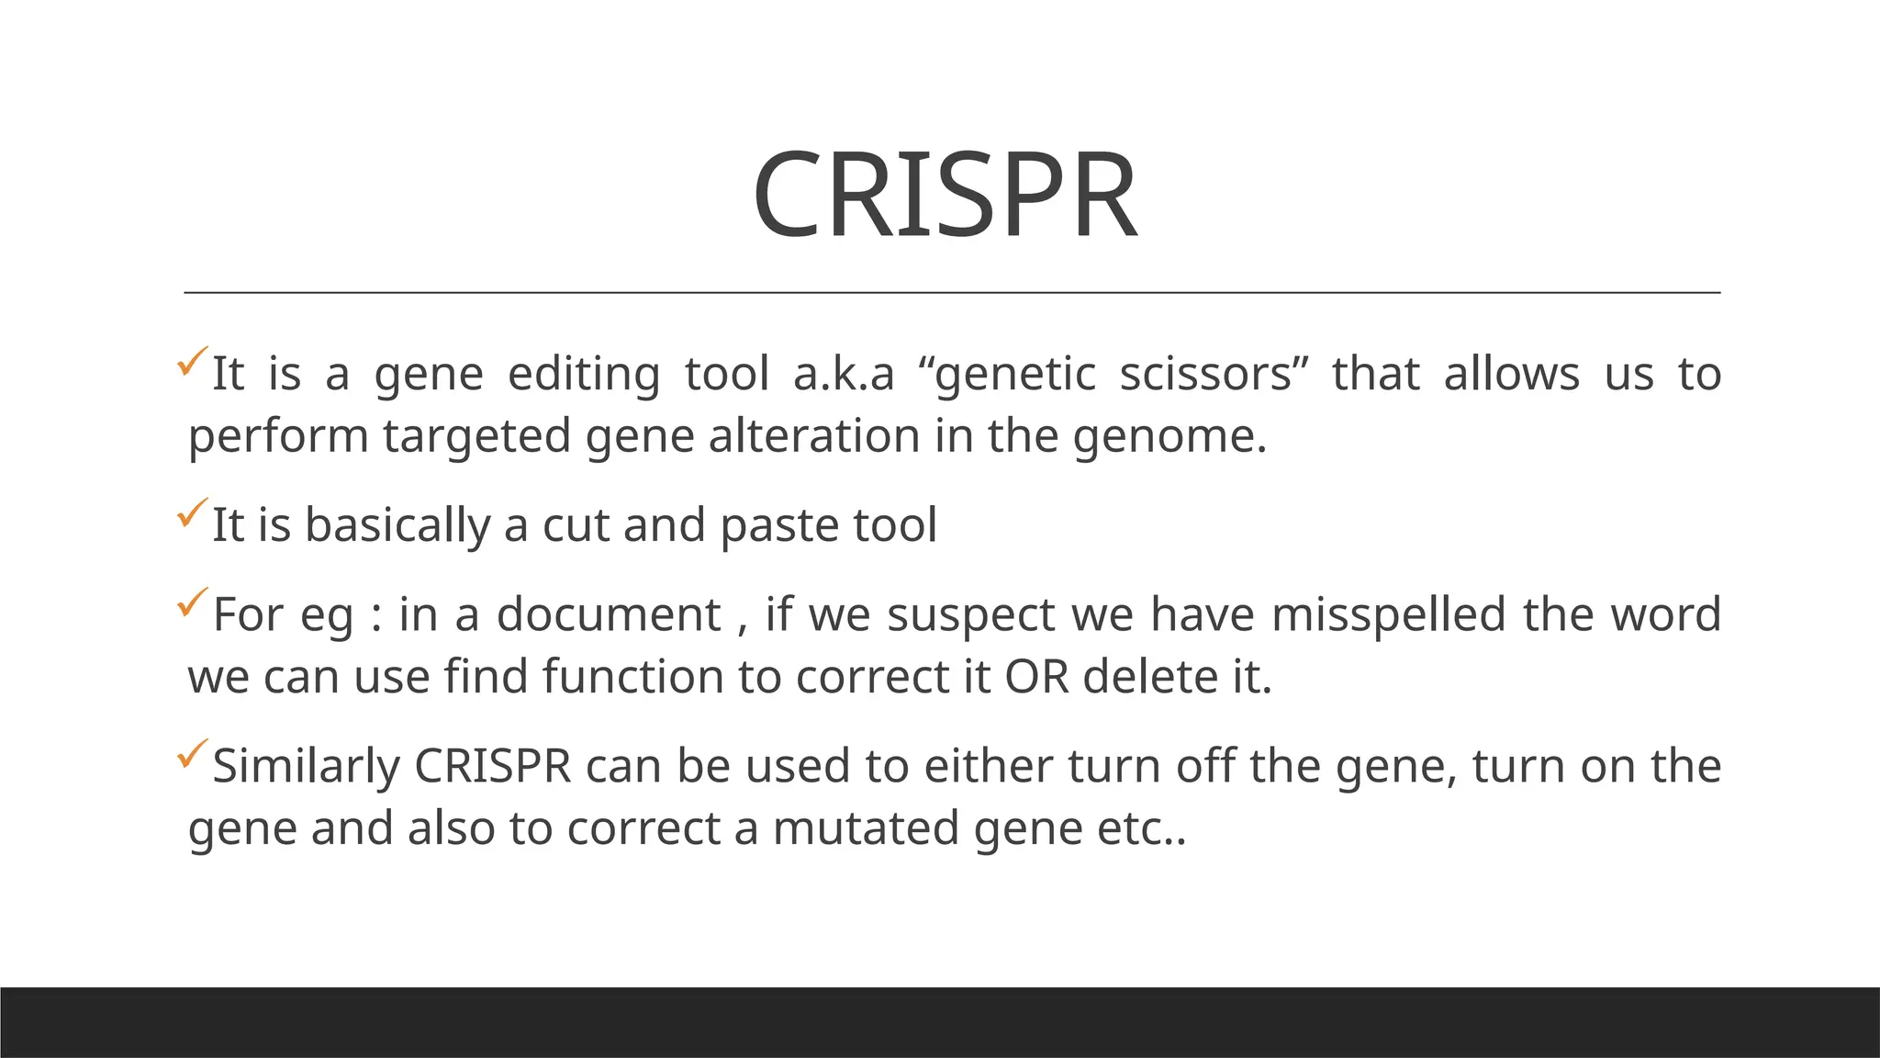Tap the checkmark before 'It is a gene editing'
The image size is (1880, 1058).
[x=192, y=361]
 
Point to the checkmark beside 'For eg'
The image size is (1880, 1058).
[x=192, y=602]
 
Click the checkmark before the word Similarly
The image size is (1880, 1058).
[x=192, y=753]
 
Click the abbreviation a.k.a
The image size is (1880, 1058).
[x=843, y=375]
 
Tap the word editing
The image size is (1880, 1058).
[x=584, y=375]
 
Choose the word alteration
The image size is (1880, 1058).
[x=814, y=436]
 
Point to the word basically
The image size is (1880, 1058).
[x=397, y=526]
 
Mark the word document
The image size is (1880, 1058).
[x=609, y=615]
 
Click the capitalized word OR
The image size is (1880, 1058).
[x=1036, y=678]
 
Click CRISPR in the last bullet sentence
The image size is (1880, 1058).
[x=493, y=767]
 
